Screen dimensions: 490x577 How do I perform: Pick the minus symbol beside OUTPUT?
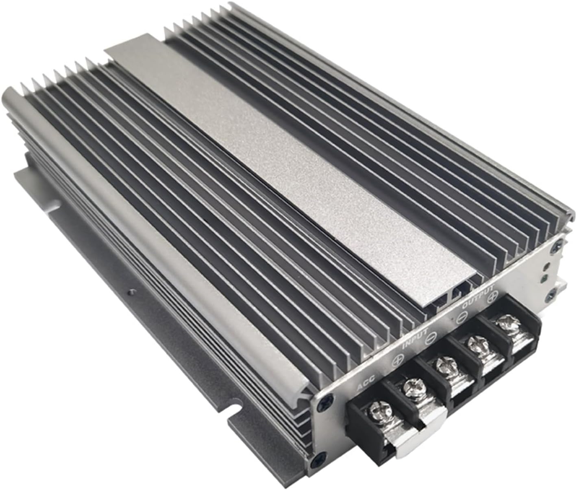point(461,318)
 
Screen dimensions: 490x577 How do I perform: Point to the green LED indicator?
point(545,279)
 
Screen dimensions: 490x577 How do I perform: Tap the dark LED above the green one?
point(547,267)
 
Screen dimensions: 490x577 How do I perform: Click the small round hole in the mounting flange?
point(130,291)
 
